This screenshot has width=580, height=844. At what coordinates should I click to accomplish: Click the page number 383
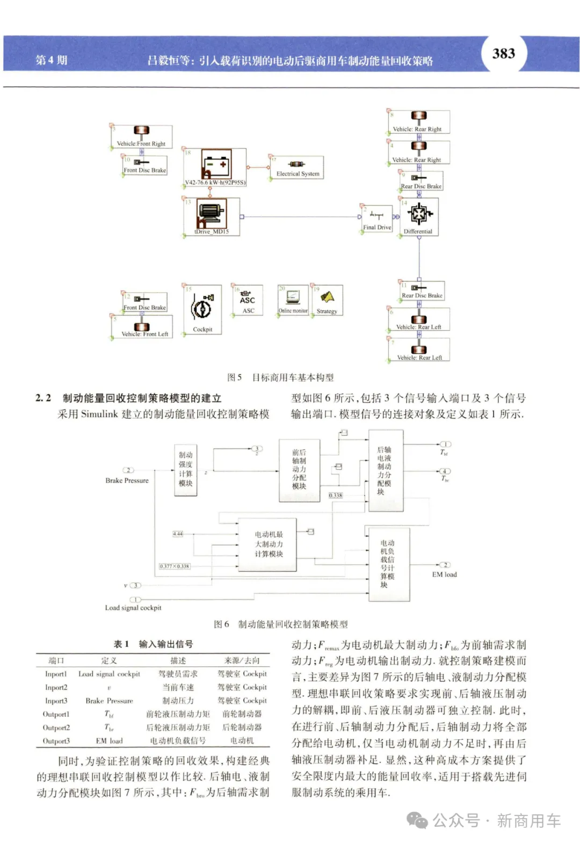[503, 54]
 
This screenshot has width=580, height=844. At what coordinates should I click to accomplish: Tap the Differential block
[418, 216]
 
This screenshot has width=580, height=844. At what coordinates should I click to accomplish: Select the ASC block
[248, 301]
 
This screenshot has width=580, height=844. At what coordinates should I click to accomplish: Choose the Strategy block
[327, 300]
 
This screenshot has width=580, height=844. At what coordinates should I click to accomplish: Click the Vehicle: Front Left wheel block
[143, 327]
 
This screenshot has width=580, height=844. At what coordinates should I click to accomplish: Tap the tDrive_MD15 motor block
[212, 216]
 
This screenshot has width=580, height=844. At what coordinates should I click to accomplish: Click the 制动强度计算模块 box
[186, 469]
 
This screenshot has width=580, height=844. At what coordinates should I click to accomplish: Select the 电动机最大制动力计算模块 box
[269, 544]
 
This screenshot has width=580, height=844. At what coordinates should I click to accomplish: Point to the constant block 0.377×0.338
[175, 566]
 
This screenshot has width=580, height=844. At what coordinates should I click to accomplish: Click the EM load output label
[445, 574]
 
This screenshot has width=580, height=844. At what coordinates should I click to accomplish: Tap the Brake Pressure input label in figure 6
[127, 481]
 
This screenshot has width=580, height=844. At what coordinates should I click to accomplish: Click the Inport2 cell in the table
[56, 688]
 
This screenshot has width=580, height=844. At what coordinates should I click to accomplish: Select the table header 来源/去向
[242, 660]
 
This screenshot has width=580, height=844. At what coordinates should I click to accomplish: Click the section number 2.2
[43, 398]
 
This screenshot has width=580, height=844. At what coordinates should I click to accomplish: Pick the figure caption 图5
[235, 377]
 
